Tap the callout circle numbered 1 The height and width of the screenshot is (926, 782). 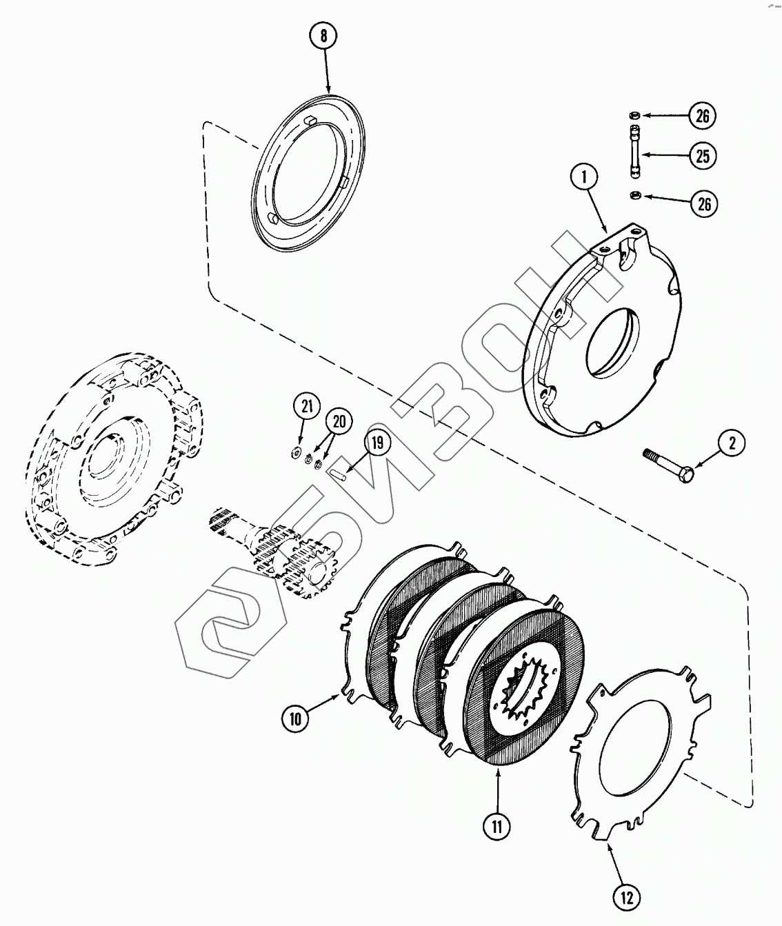click(585, 178)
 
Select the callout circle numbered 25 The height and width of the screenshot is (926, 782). click(702, 157)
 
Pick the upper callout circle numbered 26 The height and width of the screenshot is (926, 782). click(702, 115)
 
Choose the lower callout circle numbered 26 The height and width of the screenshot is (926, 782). click(702, 203)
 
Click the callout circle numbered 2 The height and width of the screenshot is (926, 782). click(732, 443)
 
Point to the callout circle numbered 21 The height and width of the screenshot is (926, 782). click(308, 406)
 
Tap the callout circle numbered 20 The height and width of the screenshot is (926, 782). click(339, 421)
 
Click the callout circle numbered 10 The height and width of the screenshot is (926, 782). click(295, 718)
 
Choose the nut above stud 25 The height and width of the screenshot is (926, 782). click(634, 115)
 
